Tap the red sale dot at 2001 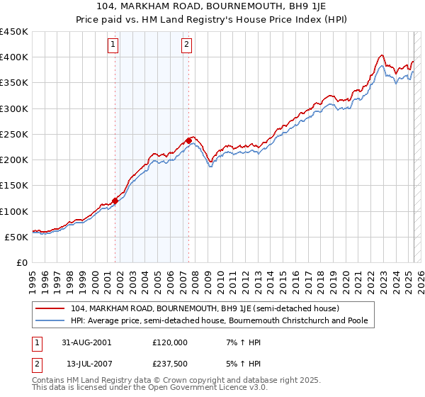115,201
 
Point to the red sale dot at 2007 188,140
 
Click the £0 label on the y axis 21,262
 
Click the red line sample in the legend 51,309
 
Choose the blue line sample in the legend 51,320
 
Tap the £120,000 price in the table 170,342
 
